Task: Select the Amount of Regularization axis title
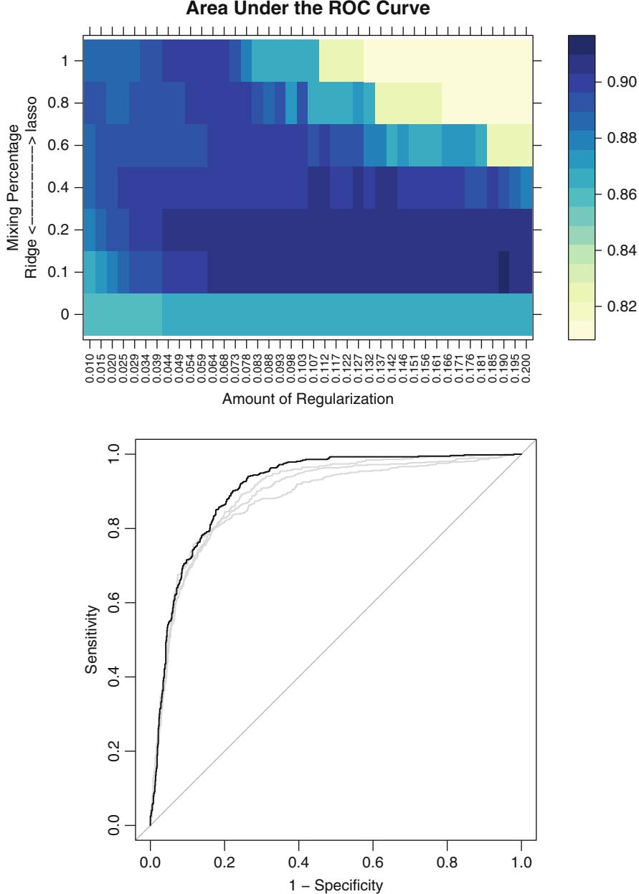point(308,400)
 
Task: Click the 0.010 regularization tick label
point(89,366)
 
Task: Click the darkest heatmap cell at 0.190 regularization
point(503,273)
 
